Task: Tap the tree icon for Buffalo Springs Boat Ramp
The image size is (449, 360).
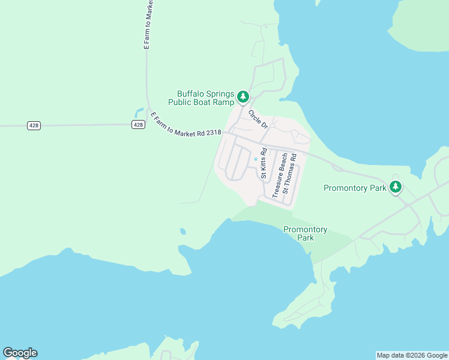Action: click(243, 96)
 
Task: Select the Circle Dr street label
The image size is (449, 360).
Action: click(258, 119)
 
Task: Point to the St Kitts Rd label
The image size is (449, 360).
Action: click(264, 162)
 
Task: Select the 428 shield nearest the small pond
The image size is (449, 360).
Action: click(138, 125)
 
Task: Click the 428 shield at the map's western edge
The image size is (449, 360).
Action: click(34, 125)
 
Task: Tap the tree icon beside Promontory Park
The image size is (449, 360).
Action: click(395, 187)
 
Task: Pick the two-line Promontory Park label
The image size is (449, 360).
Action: click(305, 233)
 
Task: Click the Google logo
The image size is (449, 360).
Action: click(20, 353)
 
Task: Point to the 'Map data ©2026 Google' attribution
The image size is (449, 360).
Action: click(412, 355)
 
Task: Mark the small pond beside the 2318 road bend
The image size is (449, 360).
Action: click(139, 112)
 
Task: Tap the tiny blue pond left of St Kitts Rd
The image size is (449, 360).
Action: click(256, 159)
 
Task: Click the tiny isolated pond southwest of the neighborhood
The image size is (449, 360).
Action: click(182, 230)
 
